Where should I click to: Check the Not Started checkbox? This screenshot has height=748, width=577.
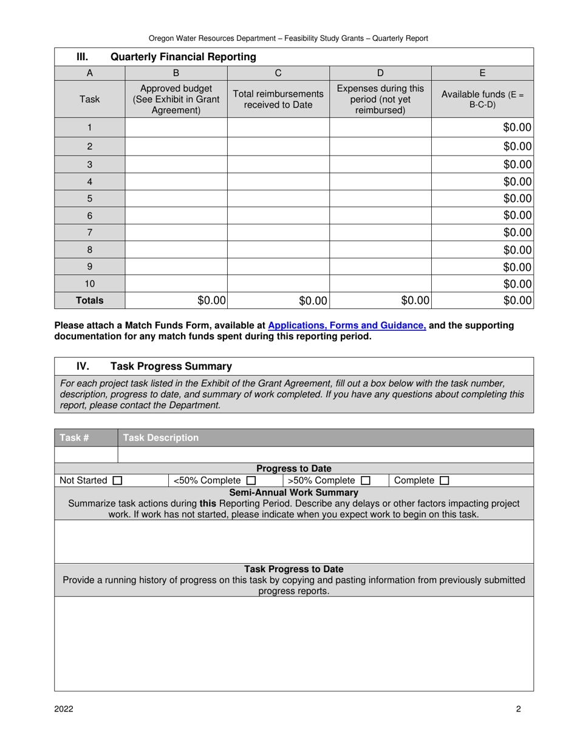[x=117, y=481]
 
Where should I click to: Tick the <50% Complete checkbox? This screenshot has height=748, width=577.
[x=251, y=481]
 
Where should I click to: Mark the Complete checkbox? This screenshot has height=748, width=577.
[x=444, y=481]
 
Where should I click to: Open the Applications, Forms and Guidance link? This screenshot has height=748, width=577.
[x=347, y=325]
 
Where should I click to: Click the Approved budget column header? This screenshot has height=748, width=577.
[x=176, y=99]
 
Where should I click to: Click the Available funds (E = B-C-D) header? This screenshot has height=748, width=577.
[x=482, y=99]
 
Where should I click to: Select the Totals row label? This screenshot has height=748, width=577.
[x=89, y=300]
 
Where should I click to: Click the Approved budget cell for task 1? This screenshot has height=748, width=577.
[x=176, y=128]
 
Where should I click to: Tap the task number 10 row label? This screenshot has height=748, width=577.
[x=89, y=284]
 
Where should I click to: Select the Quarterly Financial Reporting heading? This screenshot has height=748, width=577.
[x=182, y=57]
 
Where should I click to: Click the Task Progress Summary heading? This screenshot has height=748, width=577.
[x=171, y=366]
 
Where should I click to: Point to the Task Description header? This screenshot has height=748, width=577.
[x=161, y=438]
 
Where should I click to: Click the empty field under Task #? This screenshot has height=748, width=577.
[x=86, y=455]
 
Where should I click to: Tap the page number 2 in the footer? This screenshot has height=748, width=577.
[x=519, y=708]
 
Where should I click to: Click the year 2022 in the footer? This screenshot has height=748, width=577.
[x=64, y=708]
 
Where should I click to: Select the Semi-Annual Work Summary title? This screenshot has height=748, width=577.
[x=293, y=493]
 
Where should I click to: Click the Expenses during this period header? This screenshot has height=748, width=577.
[x=380, y=99]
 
